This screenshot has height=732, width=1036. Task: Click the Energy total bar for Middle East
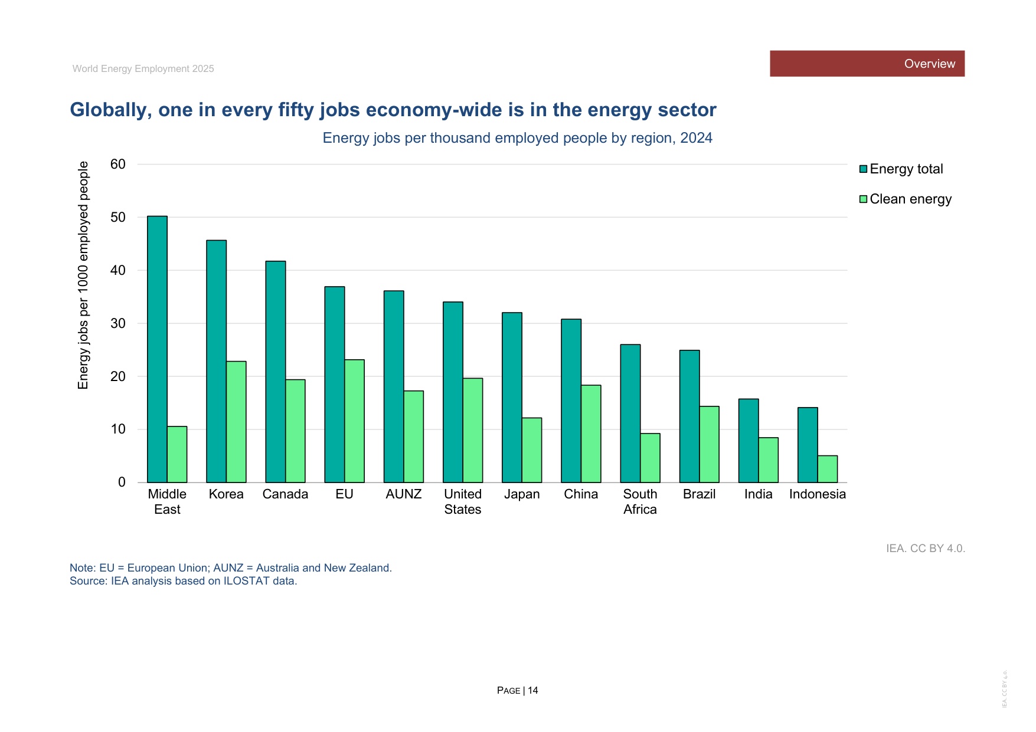(x=157, y=349)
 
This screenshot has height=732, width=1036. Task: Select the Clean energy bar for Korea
(x=236, y=422)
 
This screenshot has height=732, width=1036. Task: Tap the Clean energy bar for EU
(x=354, y=421)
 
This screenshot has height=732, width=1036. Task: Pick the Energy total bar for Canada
(x=276, y=372)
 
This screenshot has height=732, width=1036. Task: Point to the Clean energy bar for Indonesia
(x=828, y=469)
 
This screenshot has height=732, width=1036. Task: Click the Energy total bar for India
(x=749, y=441)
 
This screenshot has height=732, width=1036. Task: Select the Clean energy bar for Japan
(x=532, y=450)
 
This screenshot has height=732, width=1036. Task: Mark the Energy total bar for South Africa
(x=630, y=413)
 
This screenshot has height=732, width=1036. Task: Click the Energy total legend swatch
(x=863, y=169)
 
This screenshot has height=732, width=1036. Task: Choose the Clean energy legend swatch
(x=863, y=199)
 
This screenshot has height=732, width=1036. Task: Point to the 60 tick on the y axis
(x=118, y=164)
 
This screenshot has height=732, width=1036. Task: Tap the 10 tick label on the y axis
(x=118, y=429)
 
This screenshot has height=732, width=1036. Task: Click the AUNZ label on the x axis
(x=404, y=494)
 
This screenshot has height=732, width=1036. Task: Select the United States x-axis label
(x=463, y=502)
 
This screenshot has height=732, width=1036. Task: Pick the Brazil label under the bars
(x=700, y=494)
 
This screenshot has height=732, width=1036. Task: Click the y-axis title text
(x=83, y=275)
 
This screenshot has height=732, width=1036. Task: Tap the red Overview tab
(x=867, y=64)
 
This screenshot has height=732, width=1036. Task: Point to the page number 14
(x=533, y=691)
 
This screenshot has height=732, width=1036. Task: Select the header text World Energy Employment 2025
(x=143, y=69)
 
